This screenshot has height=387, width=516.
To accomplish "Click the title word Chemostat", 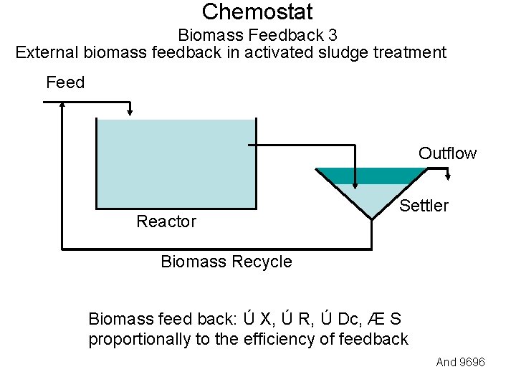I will [x=257, y=12].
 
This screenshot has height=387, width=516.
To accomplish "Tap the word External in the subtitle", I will [x=47, y=52].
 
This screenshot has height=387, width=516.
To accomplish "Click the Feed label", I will [x=65, y=82].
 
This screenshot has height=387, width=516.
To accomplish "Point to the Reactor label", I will [x=166, y=221].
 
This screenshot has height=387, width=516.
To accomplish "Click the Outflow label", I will [x=447, y=153].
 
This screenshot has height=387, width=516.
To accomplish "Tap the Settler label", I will [x=424, y=206].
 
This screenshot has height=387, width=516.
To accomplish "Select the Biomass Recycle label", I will [x=226, y=262].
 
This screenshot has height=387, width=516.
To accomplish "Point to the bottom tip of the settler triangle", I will [x=371, y=217].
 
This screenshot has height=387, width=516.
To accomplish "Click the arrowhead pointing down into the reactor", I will [x=130, y=111].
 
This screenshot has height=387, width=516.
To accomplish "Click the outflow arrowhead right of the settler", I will [x=448, y=176].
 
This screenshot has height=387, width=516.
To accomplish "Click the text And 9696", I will [x=460, y=362].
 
